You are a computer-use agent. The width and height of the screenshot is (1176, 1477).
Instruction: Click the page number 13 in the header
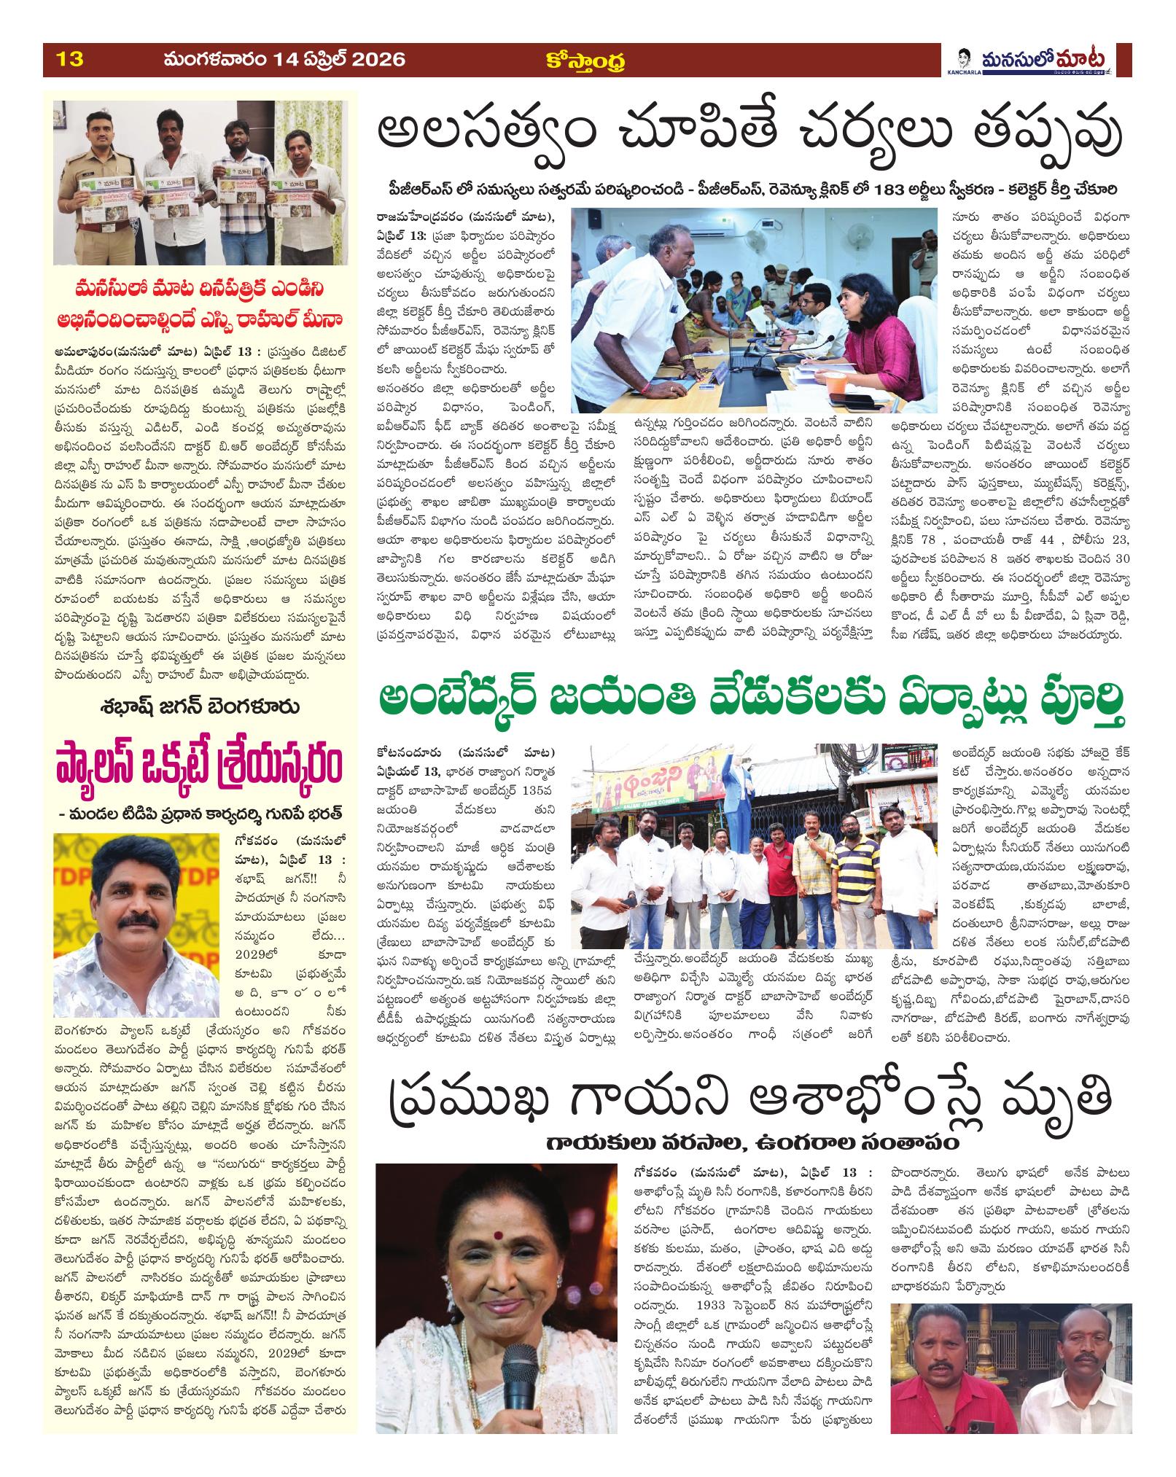tap(71, 59)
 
